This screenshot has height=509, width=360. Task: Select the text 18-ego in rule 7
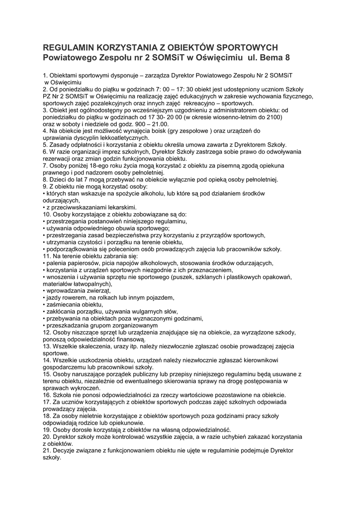[x=88, y=166]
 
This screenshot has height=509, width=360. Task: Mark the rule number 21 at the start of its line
[x=48, y=451]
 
